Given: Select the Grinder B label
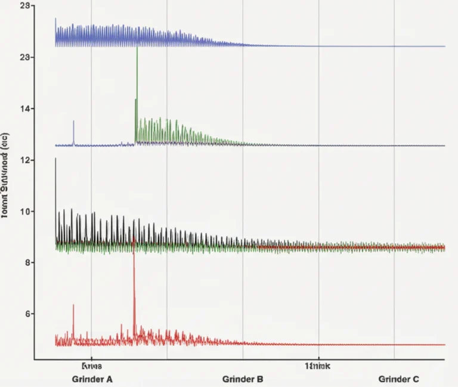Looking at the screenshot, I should pos(242,379).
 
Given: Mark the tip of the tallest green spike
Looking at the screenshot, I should pos(137,47).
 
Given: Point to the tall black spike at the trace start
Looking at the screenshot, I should pos(55,159).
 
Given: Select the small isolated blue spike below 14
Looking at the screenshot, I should pos(73,121).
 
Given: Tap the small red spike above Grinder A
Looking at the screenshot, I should pos(73,305).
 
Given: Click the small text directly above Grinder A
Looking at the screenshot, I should pos(92,365).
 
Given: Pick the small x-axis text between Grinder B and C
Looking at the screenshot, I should pos(318,365).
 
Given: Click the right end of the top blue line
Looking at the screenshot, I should pos(444,46).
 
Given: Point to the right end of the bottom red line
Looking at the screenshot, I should pos(444,345).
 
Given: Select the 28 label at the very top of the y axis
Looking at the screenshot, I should pos(25,5).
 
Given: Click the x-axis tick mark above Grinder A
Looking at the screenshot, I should pos(91,360).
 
